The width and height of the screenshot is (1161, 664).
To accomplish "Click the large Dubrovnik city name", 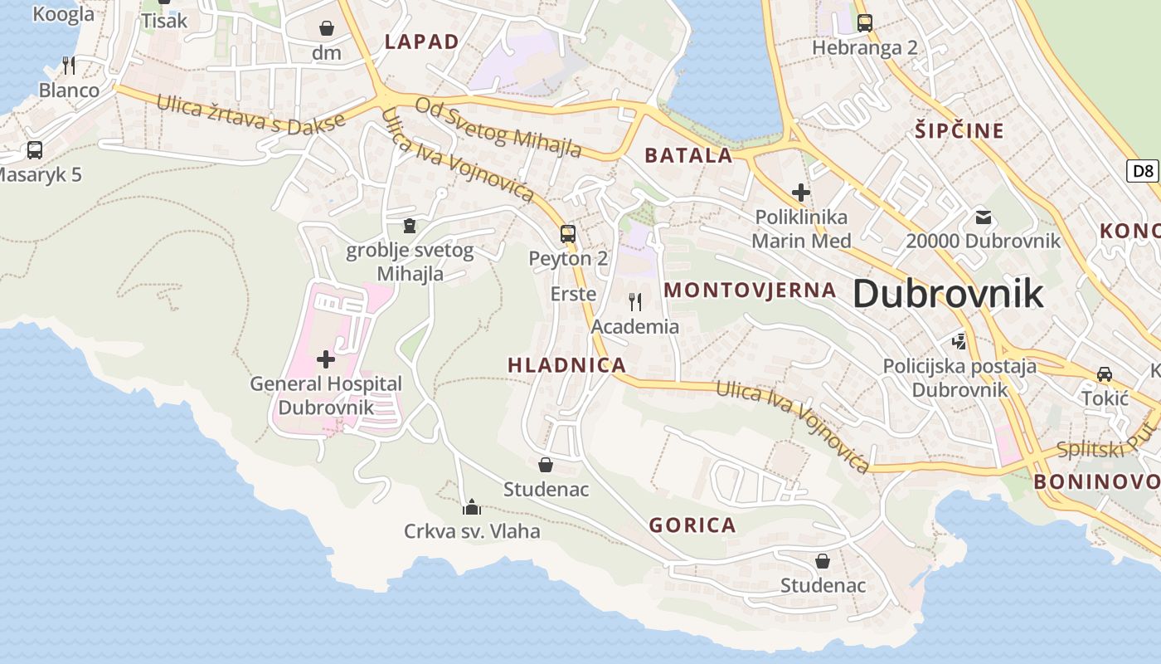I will tap(947, 294).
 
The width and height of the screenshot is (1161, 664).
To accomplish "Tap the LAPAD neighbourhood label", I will tap(421, 41).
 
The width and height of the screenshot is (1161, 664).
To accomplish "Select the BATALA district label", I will tap(688, 155).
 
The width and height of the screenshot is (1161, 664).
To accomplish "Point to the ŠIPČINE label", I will tap(959, 130).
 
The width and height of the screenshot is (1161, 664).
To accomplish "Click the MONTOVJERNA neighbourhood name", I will tap(751, 290).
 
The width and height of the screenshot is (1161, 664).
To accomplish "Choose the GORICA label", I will tap(692, 525).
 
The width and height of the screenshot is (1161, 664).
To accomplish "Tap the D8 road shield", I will tap(1143, 171).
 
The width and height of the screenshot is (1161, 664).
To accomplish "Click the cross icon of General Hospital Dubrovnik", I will tap(326, 359).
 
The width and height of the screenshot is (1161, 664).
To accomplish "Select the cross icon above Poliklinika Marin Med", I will tap(800, 193).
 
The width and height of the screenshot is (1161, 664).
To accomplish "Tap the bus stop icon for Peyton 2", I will tap(568, 233).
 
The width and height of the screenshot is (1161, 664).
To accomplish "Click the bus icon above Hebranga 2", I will tap(865, 22).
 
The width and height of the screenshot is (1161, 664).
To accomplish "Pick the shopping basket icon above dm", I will tap(327, 28).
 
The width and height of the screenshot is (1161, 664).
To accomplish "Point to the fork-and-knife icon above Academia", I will tap(634, 301).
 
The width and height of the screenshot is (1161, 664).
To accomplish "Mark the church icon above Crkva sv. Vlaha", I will tap(472, 506).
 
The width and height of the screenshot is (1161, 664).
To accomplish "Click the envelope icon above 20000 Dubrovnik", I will tap(984, 217).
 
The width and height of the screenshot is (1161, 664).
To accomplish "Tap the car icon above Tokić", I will tap(1105, 373).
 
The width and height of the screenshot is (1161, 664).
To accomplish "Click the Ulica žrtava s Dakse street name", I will tap(250, 115).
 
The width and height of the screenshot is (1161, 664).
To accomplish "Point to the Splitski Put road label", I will tap(1106, 448).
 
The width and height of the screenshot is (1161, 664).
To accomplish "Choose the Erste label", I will tap(573, 294).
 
